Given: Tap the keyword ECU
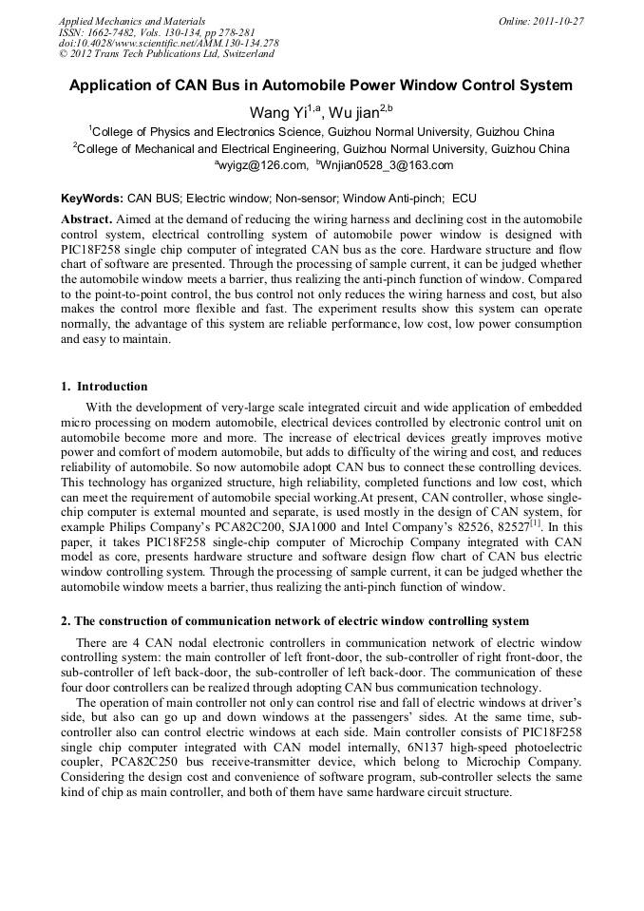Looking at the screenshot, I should coord(464,199).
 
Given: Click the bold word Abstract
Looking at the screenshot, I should coord(86,218).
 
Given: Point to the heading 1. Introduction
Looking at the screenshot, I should coord(104,387).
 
